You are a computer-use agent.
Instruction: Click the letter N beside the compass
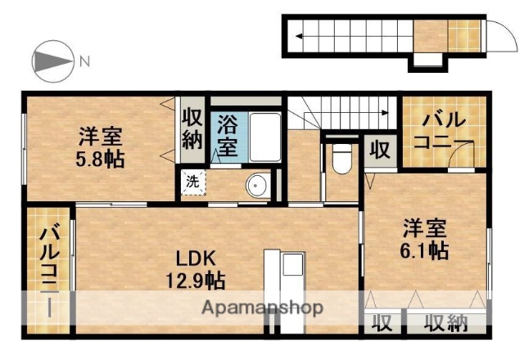pos(85,60)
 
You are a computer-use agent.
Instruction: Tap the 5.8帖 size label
pos(102,159)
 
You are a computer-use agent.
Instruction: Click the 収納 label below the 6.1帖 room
pos(446,322)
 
